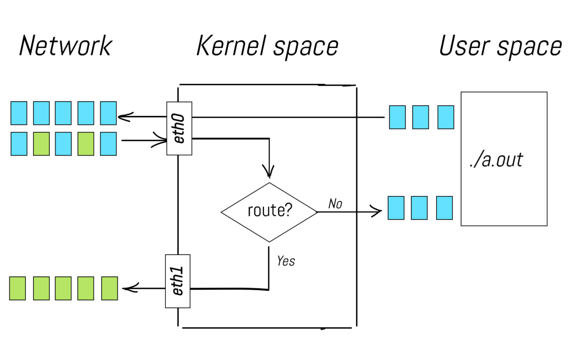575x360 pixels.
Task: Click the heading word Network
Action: click(65, 46)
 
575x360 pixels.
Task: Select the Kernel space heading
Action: click(267, 46)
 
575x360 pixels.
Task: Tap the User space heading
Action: click(500, 46)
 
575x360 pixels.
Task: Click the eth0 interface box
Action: click(179, 128)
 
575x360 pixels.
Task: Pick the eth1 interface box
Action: click(178, 281)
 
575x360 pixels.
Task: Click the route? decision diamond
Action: click(269, 212)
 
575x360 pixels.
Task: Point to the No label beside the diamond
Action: click(335, 204)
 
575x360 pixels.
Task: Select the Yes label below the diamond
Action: click(286, 261)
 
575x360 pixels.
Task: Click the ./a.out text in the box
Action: click(496, 160)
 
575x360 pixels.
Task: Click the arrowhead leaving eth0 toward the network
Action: click(123, 116)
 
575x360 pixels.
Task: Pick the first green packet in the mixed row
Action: click(41, 144)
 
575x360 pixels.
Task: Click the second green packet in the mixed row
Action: click(86, 144)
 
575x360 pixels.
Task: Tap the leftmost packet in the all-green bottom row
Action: click(18, 288)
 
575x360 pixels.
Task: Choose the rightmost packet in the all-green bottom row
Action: click(109, 288)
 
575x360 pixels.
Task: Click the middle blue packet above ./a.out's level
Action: click(420, 117)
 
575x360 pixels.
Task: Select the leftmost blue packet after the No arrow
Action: click(396, 208)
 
